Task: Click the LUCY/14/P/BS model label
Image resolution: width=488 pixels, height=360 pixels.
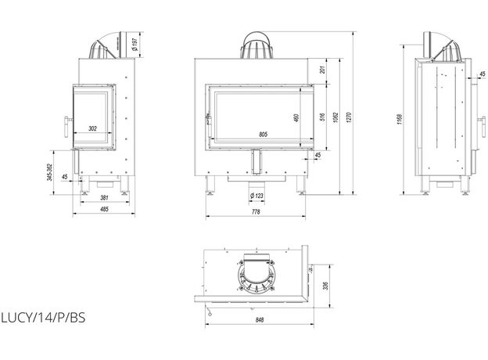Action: click(43, 318)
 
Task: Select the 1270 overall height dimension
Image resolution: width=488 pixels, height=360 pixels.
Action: click(349, 117)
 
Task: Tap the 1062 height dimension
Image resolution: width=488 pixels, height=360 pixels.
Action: click(335, 117)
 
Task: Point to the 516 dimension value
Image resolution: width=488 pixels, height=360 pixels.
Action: click(322, 117)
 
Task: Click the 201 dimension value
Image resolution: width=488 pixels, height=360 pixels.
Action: click(322, 70)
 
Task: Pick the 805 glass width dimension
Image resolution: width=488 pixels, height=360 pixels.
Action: click(263, 135)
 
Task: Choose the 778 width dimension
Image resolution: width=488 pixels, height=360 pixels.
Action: click(256, 212)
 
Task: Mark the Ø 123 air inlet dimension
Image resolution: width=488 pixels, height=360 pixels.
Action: click(257, 196)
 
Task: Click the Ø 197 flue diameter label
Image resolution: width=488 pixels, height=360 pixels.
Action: click(135, 45)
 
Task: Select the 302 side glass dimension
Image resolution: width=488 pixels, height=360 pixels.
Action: click(93, 128)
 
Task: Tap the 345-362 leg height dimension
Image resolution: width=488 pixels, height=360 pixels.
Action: click(48, 172)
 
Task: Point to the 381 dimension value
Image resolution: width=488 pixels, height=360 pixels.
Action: click(104, 197)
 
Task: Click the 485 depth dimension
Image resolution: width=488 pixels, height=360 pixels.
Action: click(104, 209)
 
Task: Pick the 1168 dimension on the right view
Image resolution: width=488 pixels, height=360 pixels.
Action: click(400, 119)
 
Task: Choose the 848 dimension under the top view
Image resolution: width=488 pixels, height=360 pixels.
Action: click(260, 320)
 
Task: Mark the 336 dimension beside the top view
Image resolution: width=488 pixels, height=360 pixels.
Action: click(325, 286)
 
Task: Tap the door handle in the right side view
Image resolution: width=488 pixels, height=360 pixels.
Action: click(482, 127)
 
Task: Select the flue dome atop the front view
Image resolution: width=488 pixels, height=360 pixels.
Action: click(257, 45)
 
